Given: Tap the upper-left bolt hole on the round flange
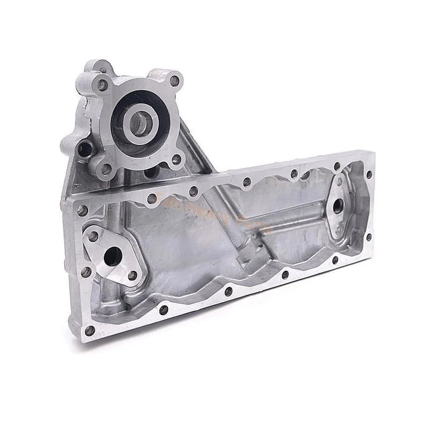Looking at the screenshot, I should (x=102, y=85).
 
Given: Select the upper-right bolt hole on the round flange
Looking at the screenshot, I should (x=175, y=81).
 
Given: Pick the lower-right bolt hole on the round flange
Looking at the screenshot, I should (x=177, y=159).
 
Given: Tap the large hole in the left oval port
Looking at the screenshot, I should (x=112, y=255).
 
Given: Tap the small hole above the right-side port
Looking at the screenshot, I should (x=339, y=181).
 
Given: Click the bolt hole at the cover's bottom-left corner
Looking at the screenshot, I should (x=90, y=330).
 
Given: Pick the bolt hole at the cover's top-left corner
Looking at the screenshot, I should (x=82, y=210).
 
